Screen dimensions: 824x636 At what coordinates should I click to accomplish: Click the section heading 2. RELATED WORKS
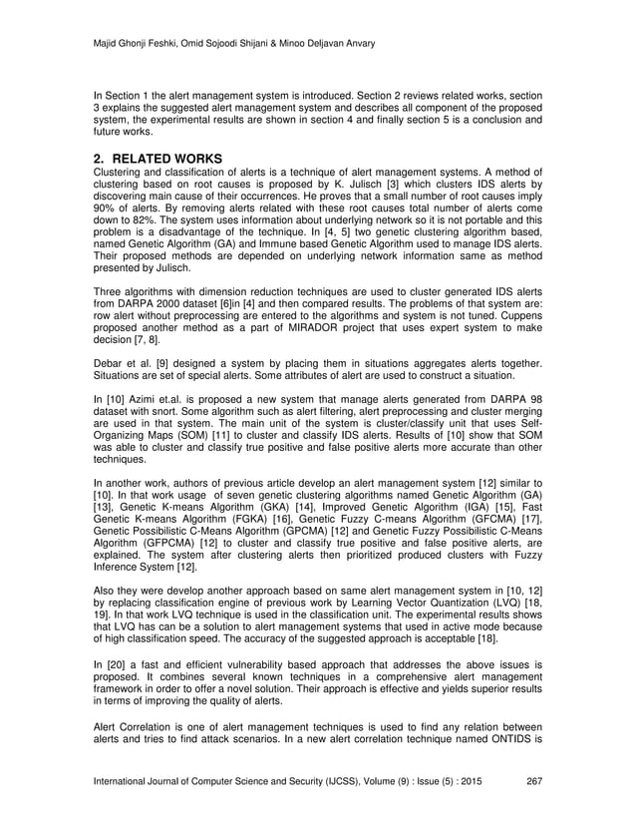click(157, 159)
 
